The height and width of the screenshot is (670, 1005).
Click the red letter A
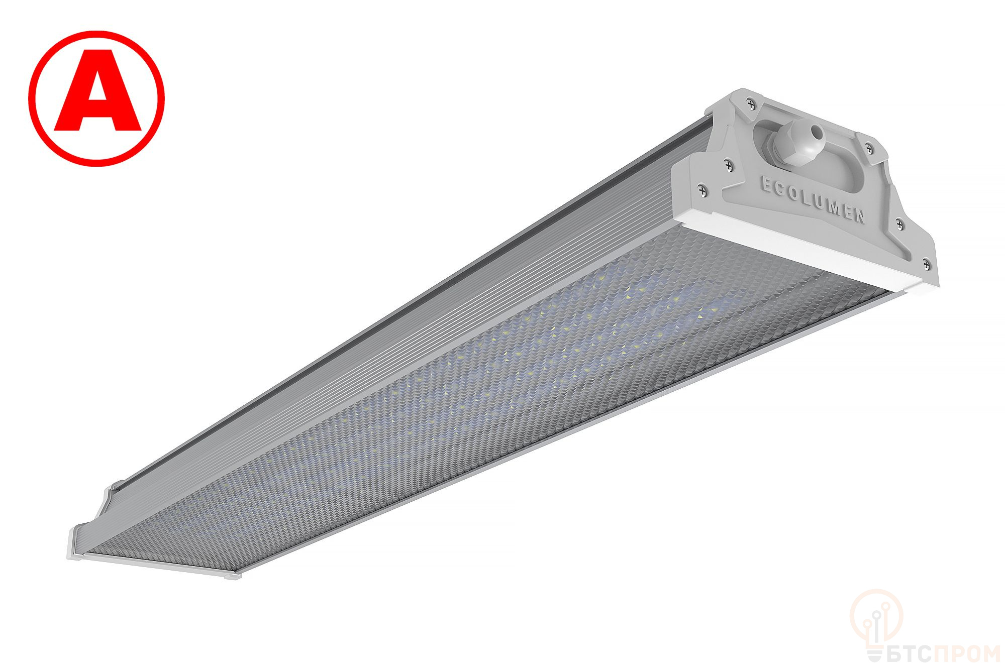(97, 98)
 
